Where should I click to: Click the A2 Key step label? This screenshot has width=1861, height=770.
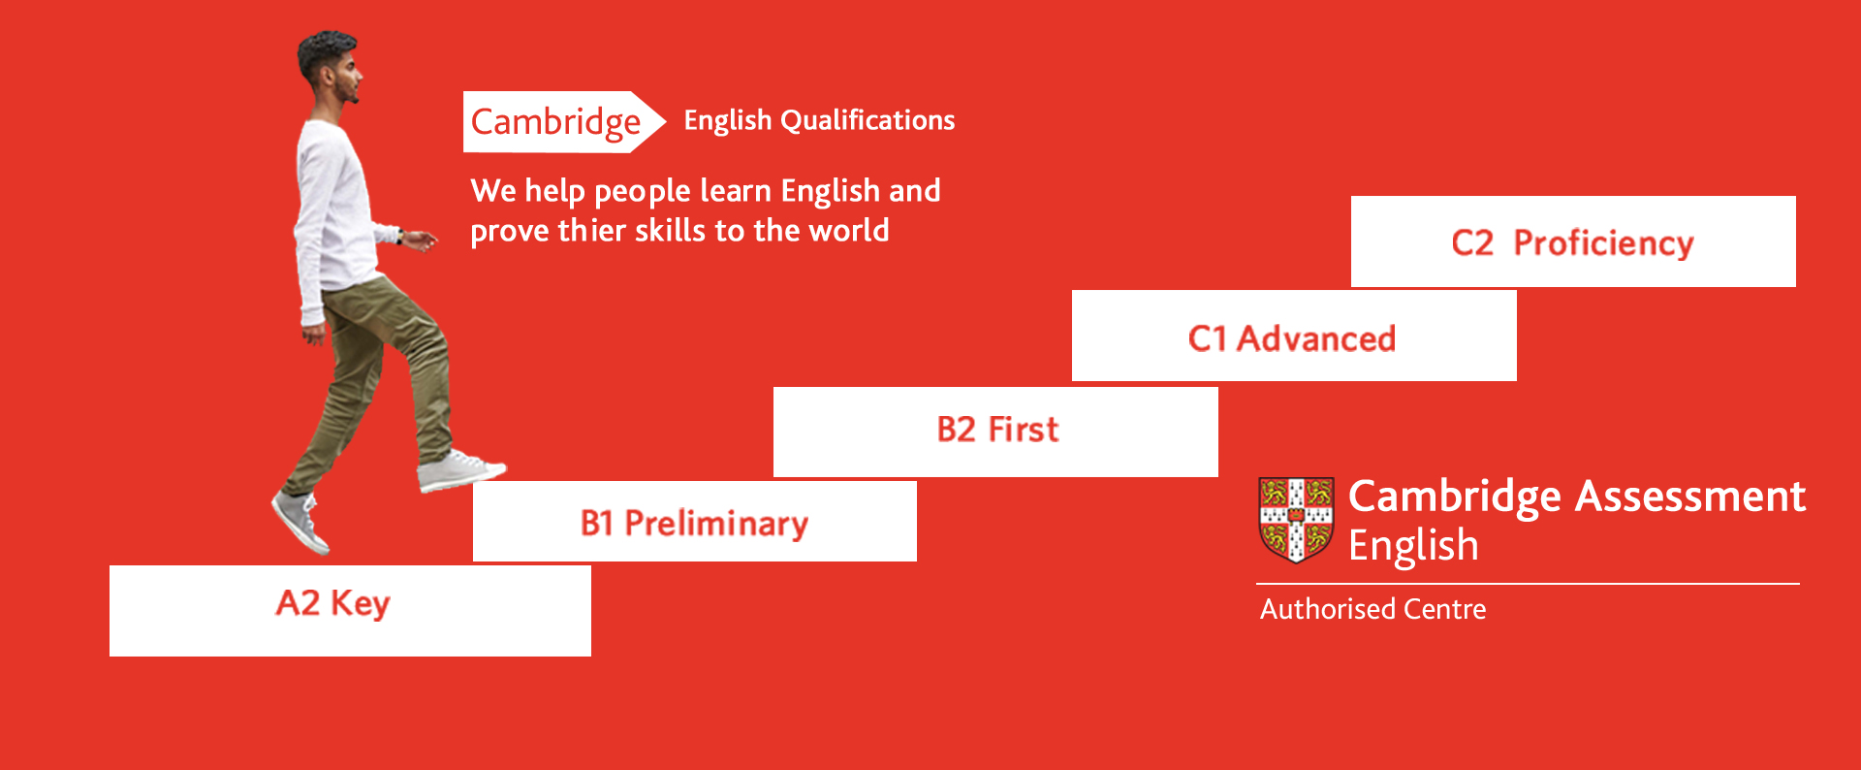point(332,603)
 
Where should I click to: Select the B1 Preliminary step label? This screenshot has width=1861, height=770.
point(694,524)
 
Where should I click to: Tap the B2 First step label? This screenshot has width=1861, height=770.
point(997,429)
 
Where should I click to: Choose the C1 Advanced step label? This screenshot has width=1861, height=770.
point(1292,338)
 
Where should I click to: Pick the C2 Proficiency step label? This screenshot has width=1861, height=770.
point(1572,242)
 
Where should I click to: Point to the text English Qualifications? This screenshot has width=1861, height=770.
point(819,120)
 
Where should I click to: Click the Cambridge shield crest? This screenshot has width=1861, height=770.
point(1296,520)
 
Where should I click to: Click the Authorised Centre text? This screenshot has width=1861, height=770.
point(1372,609)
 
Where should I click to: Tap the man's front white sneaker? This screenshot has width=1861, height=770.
point(460,470)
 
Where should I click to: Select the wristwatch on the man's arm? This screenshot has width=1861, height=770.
point(399,236)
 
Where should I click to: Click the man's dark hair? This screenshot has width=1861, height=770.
point(322,53)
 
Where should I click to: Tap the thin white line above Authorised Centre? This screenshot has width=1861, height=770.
point(1528,584)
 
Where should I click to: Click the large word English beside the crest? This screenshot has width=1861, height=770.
point(1413,547)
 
